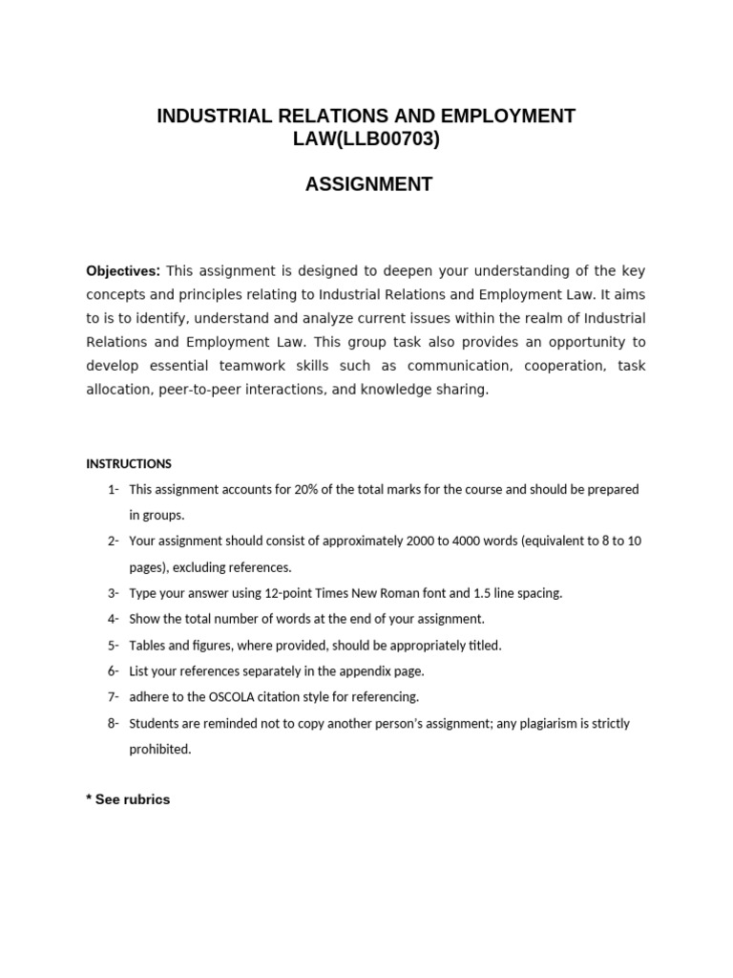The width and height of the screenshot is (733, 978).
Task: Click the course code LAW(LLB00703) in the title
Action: [x=367, y=140]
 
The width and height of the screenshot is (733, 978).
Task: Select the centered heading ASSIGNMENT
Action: [x=368, y=184]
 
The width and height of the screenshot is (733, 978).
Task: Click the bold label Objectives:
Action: [x=123, y=271]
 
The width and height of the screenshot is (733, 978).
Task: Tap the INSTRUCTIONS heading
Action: [x=129, y=464]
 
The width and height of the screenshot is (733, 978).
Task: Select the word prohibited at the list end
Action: [x=160, y=749]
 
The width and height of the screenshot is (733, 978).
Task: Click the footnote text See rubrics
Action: [x=133, y=799]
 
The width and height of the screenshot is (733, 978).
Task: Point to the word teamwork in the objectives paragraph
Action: [x=244, y=366]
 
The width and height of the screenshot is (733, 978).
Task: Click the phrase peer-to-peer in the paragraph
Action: [x=183, y=390]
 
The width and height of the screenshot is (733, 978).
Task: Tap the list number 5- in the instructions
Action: [x=113, y=646]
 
